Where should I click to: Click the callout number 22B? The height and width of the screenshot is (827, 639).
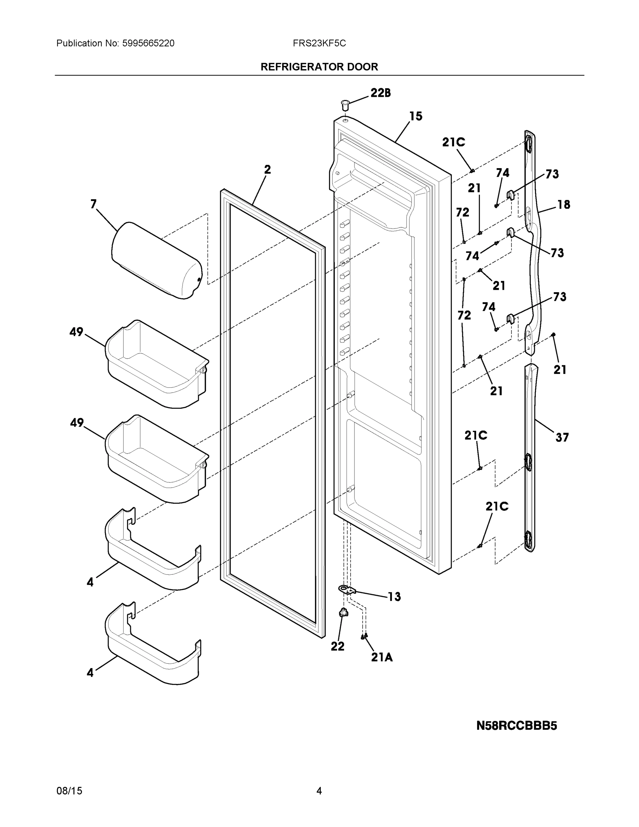(380, 93)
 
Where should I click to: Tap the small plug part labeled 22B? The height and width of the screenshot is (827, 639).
(345, 104)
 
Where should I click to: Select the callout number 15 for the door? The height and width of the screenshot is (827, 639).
(416, 116)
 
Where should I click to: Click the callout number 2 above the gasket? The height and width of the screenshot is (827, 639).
(267, 170)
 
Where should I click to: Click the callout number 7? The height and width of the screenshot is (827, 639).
(93, 204)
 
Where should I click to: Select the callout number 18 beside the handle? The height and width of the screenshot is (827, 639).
(564, 205)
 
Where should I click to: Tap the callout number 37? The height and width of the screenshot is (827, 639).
(562, 438)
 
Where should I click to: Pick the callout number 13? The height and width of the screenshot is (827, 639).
(394, 597)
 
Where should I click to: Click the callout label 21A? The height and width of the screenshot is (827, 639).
(382, 658)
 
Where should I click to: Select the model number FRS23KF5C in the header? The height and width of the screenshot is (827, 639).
(319, 43)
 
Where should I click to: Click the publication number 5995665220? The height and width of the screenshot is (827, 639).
(148, 43)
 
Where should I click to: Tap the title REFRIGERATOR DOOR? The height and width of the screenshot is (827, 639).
(319, 67)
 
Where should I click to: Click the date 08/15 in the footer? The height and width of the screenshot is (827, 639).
(69, 791)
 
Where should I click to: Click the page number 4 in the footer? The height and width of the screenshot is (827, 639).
(319, 791)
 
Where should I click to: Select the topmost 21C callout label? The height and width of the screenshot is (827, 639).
(454, 142)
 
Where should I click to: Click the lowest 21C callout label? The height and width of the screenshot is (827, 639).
(497, 507)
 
